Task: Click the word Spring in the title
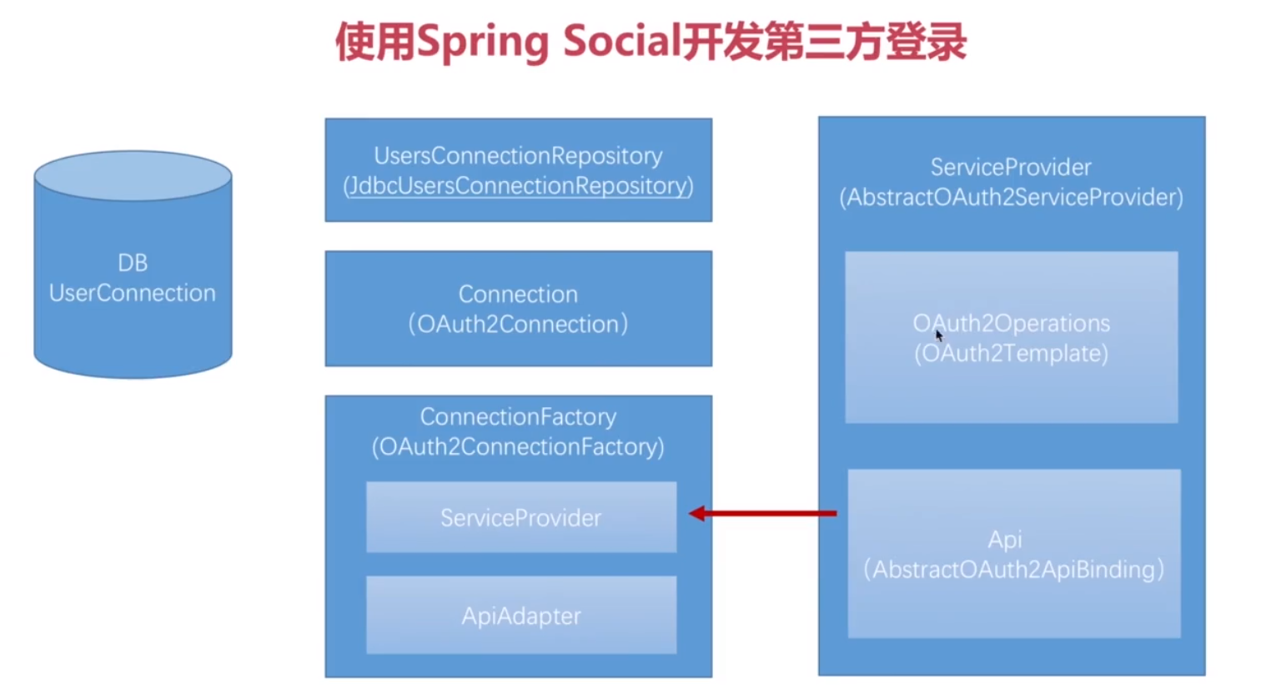click(482, 43)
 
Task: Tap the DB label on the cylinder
click(133, 263)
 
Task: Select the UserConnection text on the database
click(133, 293)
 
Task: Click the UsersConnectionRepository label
click(518, 156)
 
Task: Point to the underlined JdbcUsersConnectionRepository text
click(518, 185)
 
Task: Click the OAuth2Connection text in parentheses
click(518, 324)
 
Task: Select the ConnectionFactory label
click(518, 416)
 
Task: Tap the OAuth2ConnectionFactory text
click(518, 446)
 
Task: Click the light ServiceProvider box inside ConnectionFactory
click(521, 517)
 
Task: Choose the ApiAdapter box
click(521, 616)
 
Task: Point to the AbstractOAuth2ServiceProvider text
click(1011, 197)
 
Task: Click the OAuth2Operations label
click(1011, 323)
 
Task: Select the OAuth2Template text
click(1011, 353)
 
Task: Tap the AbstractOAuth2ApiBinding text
click(1013, 569)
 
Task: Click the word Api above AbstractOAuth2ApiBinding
click(1005, 539)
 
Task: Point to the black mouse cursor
click(938, 335)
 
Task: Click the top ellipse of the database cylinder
click(133, 175)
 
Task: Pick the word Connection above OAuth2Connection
click(518, 294)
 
